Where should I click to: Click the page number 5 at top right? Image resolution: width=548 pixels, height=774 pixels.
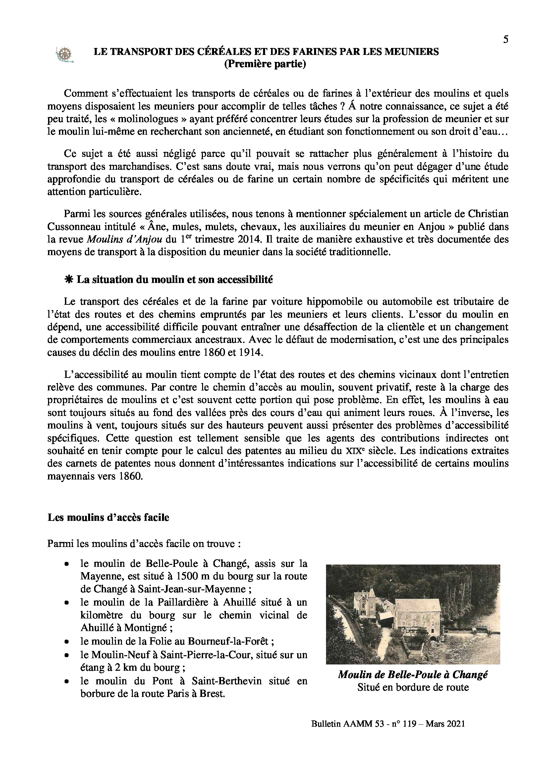tap(506, 40)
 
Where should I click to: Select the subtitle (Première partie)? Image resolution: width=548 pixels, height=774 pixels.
tap(265, 64)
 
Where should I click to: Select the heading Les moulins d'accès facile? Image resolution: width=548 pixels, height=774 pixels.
tap(108, 518)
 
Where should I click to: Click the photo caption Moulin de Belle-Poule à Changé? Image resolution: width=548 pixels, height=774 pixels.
tap(413, 674)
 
